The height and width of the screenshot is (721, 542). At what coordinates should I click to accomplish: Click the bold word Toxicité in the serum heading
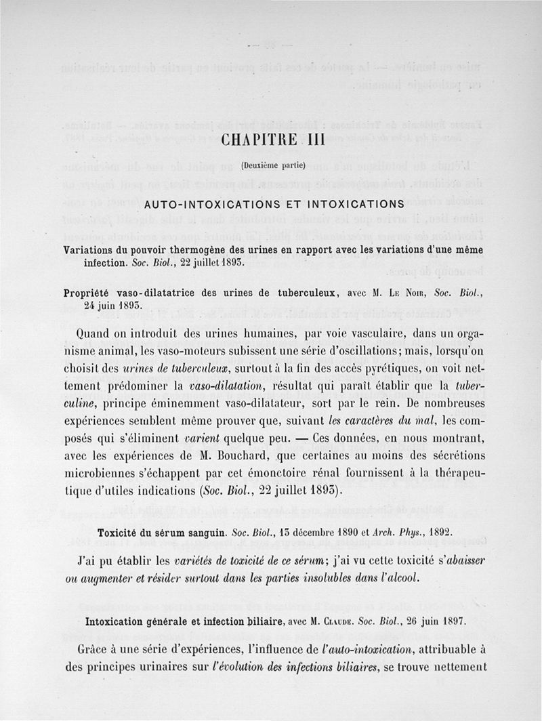121,531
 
